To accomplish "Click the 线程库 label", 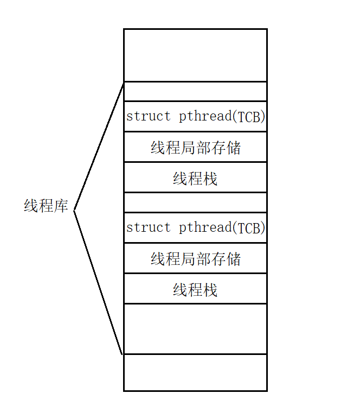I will tap(46, 206).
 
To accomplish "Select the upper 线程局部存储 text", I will tap(195, 147).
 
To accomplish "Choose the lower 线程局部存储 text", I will tap(195, 259).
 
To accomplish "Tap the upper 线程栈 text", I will tap(195, 178).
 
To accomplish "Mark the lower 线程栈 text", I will tap(195, 289).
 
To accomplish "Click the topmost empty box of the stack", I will tap(195, 55).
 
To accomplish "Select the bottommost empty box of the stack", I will tap(195, 372).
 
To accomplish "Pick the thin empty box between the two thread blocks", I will tap(195, 202).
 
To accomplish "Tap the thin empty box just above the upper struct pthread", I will tap(195, 91).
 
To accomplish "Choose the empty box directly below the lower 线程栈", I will tap(195, 329).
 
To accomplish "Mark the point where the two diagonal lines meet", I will tap(74, 210).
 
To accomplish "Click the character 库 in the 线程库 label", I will tap(61, 206).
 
